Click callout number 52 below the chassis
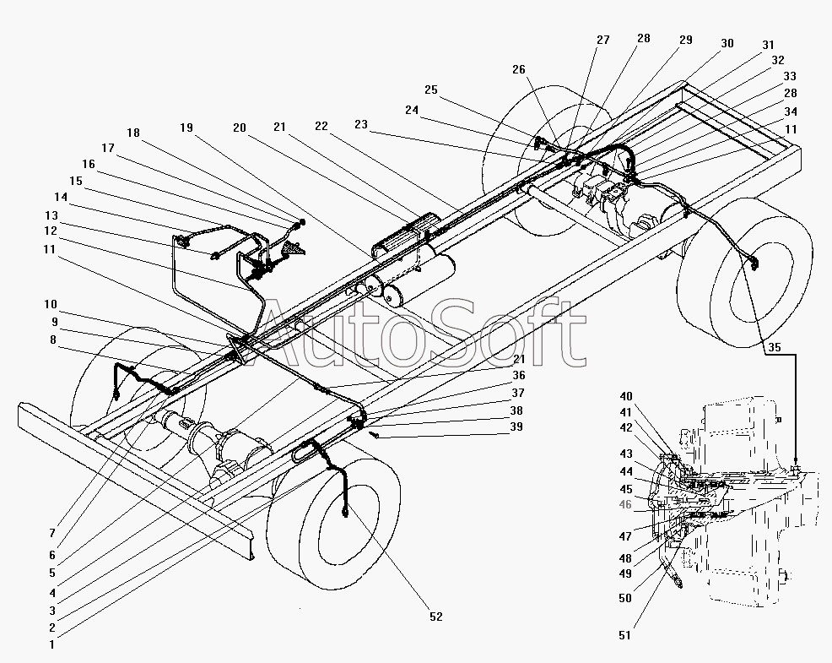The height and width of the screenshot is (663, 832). [435, 617]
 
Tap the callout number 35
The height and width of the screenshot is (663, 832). [775, 347]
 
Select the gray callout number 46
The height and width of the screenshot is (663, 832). [625, 504]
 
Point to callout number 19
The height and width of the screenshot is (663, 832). [186, 128]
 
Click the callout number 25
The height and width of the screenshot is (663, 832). [431, 90]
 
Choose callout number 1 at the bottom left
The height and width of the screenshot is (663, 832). [52, 644]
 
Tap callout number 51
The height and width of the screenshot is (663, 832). [625, 635]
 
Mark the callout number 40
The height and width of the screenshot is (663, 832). [626, 396]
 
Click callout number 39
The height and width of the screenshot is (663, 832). [516, 427]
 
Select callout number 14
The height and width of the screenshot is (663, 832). [61, 197]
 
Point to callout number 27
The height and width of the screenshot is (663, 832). [602, 40]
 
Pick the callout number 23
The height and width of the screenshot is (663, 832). [361, 124]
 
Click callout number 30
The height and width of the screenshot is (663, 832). [727, 43]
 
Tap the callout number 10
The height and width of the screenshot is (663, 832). [51, 304]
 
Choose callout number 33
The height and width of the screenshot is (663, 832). [790, 76]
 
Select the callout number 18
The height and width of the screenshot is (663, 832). [132, 133]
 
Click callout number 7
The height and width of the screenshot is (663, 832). [52, 533]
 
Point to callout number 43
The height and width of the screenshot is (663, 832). [626, 454]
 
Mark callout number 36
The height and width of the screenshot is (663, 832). [518, 376]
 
